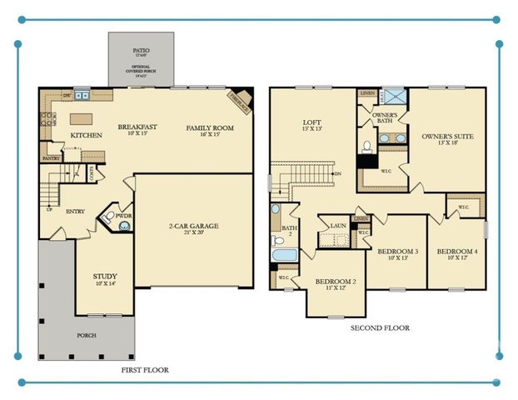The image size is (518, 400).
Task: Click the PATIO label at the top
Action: pyautogui.click(x=141, y=50)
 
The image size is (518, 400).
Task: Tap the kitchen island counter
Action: pyautogui.click(x=80, y=118)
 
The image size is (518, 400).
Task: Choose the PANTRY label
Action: pyautogui.click(x=51, y=157)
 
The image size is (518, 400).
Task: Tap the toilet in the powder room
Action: pyautogui.click(x=109, y=220)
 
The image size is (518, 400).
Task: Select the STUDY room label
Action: pyautogui.click(x=104, y=276)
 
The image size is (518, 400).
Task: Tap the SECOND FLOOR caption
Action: pyautogui.click(x=380, y=328)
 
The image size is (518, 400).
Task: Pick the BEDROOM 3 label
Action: pyautogui.click(x=397, y=251)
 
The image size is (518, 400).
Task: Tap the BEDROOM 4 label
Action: pyautogui.click(x=457, y=251)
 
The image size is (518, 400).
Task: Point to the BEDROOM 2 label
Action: pyautogui.click(x=336, y=282)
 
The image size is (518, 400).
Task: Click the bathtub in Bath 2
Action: pyautogui.click(x=284, y=254)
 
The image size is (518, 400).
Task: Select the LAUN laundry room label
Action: pyautogui.click(x=337, y=225)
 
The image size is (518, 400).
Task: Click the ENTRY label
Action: pyautogui.click(x=76, y=211)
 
